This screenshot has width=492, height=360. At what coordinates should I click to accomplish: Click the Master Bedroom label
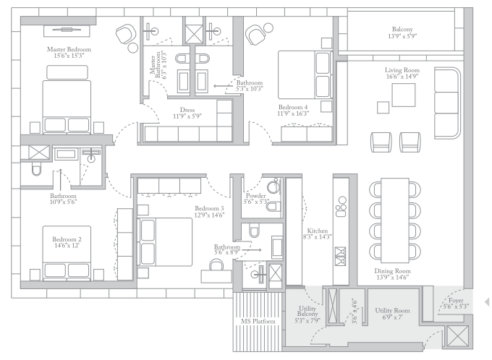tap(69, 49)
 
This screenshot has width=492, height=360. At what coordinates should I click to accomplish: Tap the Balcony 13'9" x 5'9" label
tap(402, 33)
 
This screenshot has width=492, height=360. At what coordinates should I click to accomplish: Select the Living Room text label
tap(402, 70)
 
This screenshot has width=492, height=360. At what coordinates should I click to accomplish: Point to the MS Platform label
tap(258, 322)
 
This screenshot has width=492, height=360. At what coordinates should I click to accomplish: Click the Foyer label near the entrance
tap(456, 301)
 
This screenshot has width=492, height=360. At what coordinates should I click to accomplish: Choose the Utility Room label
tap(393, 310)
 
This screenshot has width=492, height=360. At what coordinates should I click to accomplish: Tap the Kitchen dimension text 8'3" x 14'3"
tap(318, 237)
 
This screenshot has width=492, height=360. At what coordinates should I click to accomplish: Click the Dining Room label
tap(393, 271)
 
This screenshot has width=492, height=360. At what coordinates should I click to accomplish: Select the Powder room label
tap(255, 196)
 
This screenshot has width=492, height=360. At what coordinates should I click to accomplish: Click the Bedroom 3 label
tap(209, 208)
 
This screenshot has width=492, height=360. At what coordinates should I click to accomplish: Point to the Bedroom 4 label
tap(293, 107)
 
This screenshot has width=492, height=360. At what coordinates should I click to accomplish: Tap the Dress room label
tap(187, 110)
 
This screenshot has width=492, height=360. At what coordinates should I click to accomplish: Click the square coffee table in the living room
tap(404, 95)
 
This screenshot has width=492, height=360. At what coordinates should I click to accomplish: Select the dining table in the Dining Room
tap(395, 220)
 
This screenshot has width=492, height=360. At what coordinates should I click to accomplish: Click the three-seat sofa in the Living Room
tap(447, 103)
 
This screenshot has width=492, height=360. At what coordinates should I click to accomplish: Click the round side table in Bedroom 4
tap(268, 28)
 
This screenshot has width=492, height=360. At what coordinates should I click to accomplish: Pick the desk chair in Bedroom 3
tap(216, 265)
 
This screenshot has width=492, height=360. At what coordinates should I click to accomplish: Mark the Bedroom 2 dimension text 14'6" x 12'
tap(67, 246)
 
